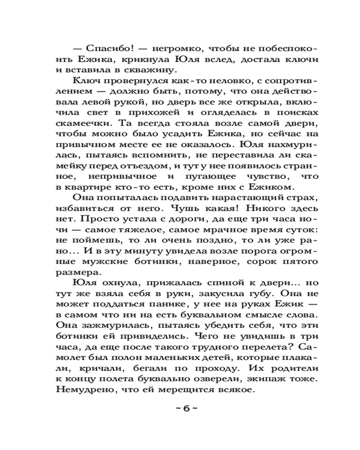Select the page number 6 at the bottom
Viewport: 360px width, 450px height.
pos(185,408)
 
